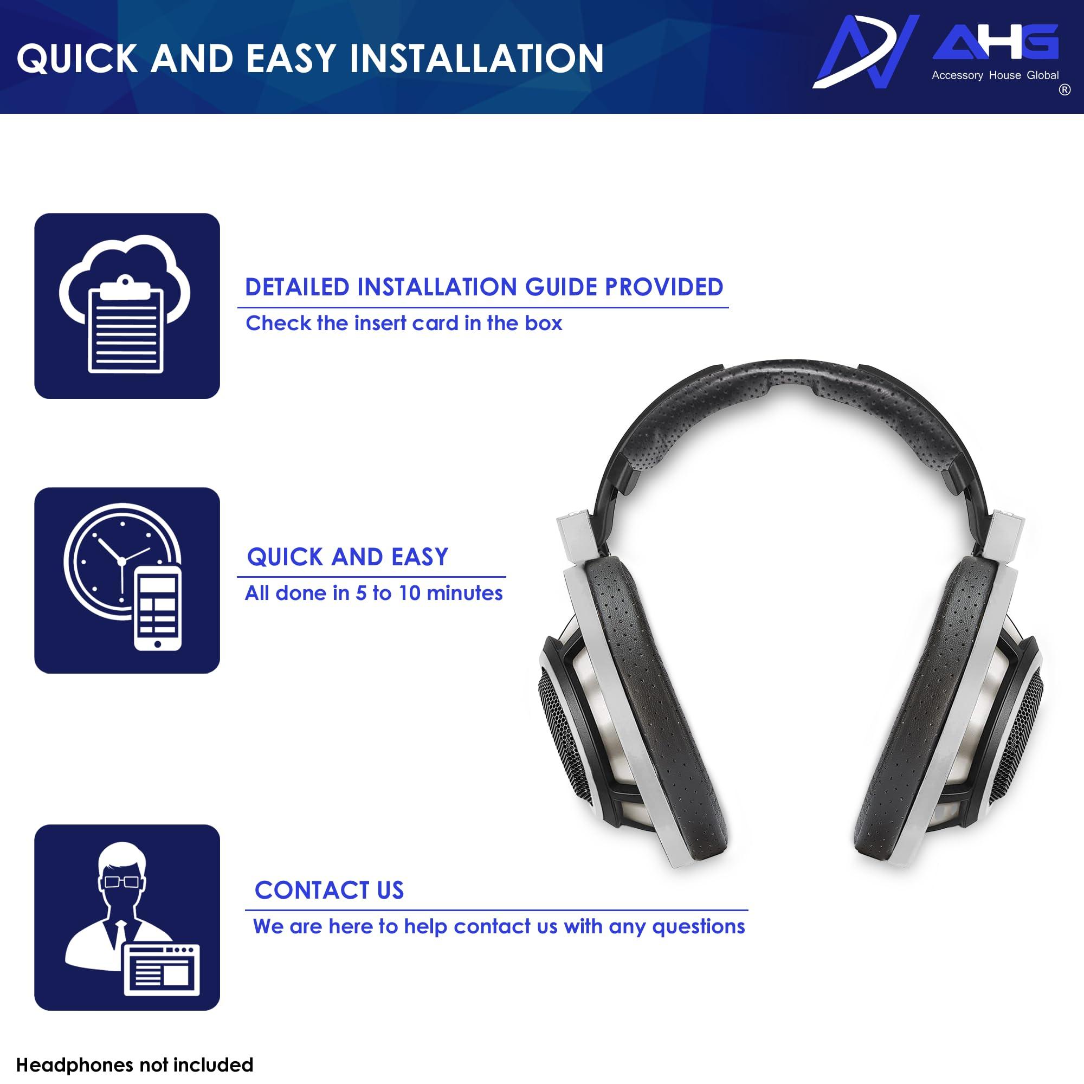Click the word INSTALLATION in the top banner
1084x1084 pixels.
point(476,59)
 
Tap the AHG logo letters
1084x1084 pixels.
point(995,42)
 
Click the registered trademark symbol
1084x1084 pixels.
point(1064,90)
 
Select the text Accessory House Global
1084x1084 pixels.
point(995,75)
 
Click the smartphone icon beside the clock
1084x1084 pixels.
point(158,608)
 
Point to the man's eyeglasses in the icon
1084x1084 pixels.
point(122,881)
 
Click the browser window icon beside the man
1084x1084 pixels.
point(162,969)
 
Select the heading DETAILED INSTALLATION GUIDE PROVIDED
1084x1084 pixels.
point(483,287)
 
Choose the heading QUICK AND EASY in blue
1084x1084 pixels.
point(347,557)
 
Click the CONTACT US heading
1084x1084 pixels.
point(329,891)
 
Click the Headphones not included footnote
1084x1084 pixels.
point(134,1064)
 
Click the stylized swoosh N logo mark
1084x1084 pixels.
point(864,51)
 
